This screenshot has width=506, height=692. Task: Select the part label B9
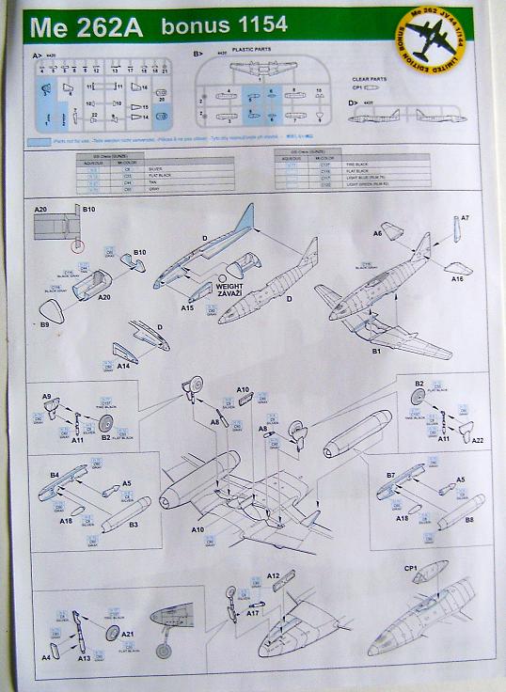pyautogui.click(x=44, y=323)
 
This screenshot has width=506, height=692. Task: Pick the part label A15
pyautogui.click(x=186, y=307)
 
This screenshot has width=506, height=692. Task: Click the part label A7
pyautogui.click(x=465, y=217)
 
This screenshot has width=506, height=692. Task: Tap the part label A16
pyautogui.click(x=457, y=278)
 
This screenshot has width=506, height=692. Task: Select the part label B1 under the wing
pyautogui.click(x=373, y=350)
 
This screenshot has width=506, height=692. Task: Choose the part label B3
pyautogui.click(x=134, y=526)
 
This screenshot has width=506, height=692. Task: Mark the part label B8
pyautogui.click(x=468, y=518)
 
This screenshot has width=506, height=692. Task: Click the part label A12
pyautogui.click(x=274, y=574)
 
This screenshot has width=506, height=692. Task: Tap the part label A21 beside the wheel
pyautogui.click(x=127, y=635)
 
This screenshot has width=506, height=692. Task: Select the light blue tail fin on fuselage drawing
pyautogui.click(x=244, y=220)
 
